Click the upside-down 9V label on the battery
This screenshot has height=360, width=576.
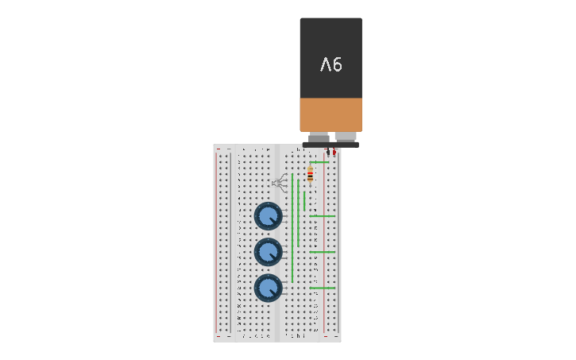(x=331, y=64)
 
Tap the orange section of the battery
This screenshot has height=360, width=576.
(x=331, y=114)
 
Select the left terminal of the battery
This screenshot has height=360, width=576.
(x=319, y=137)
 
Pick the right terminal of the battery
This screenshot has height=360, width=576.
(x=346, y=137)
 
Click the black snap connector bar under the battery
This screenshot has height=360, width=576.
(x=331, y=145)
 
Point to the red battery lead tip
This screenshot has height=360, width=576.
(x=334, y=152)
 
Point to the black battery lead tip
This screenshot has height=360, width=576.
(x=327, y=151)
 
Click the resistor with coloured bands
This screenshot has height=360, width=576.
(x=310, y=175)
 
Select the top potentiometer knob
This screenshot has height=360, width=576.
(x=269, y=216)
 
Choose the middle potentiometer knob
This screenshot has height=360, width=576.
(x=269, y=253)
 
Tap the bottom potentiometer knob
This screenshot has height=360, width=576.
(x=269, y=288)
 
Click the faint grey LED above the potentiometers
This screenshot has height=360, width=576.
(x=279, y=184)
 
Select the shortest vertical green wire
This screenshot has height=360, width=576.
(x=303, y=200)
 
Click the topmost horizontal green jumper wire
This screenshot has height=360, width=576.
(x=319, y=162)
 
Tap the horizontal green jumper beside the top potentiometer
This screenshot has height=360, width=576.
(x=322, y=215)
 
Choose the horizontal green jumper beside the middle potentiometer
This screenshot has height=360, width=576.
(x=322, y=252)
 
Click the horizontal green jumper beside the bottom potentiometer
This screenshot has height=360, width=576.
(x=322, y=288)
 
